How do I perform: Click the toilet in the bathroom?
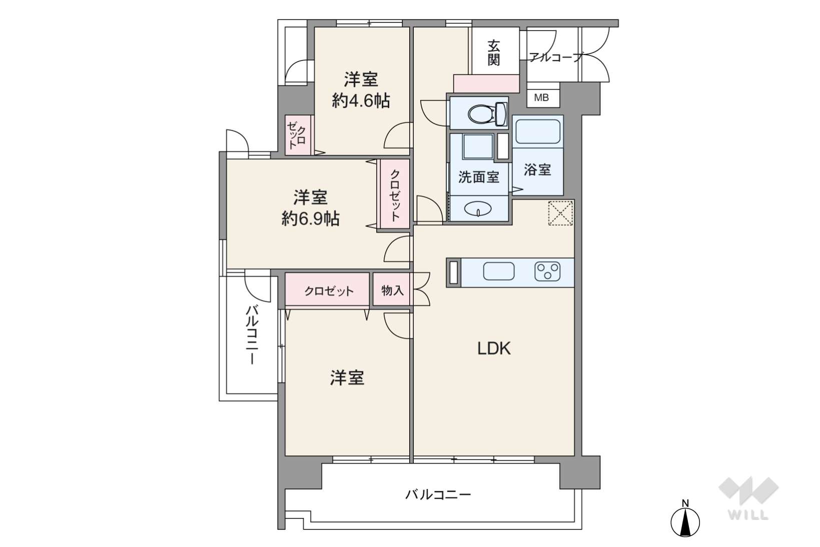pos(487,114)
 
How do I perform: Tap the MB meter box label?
pos(541,98)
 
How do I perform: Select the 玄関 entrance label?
pos(494,53)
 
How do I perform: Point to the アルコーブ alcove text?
pos(555,58)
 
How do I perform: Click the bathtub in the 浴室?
pos(537,132)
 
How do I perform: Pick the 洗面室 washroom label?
pos(479,177)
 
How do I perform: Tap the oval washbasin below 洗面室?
pos(478,209)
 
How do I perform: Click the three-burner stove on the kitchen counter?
pos(547,272)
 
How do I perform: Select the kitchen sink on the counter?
pos(499,271)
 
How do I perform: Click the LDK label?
pos(494,349)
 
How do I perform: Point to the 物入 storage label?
pos(392,291)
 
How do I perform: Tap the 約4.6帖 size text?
pos(361,101)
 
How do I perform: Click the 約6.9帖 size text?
pos(310,219)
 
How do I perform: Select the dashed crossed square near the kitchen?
pos(560,213)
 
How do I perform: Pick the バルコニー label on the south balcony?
pos(438,495)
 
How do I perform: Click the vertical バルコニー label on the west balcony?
pos(252,335)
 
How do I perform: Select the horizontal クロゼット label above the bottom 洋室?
pos(329,291)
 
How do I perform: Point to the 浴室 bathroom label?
pos(537,170)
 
